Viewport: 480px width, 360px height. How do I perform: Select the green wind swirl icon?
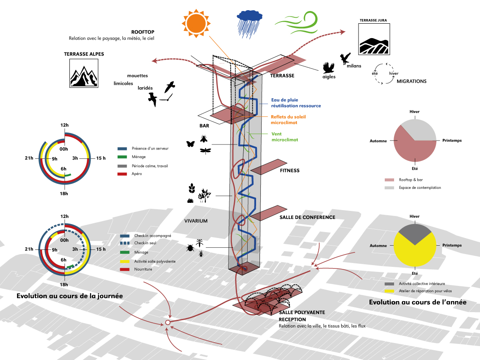[x=296, y=23]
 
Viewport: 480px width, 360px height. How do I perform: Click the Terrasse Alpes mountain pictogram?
[x=84, y=73]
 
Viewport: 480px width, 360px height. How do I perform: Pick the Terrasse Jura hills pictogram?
[x=372, y=39]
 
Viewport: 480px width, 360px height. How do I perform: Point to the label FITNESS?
[x=290, y=171]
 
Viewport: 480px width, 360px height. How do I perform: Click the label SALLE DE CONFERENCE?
[x=307, y=217]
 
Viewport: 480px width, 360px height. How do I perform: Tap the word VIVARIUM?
[x=196, y=221]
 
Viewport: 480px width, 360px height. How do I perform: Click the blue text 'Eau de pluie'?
[x=284, y=100]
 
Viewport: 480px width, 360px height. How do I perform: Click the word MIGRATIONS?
[x=411, y=81]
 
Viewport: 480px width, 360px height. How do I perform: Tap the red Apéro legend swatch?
[x=122, y=174]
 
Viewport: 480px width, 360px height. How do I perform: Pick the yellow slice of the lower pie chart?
[x=415, y=252]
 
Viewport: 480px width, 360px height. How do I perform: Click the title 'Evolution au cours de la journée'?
[x=70, y=296]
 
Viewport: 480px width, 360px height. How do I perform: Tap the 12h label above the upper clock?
[x=64, y=125]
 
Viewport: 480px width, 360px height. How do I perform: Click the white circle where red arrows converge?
[x=168, y=323]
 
